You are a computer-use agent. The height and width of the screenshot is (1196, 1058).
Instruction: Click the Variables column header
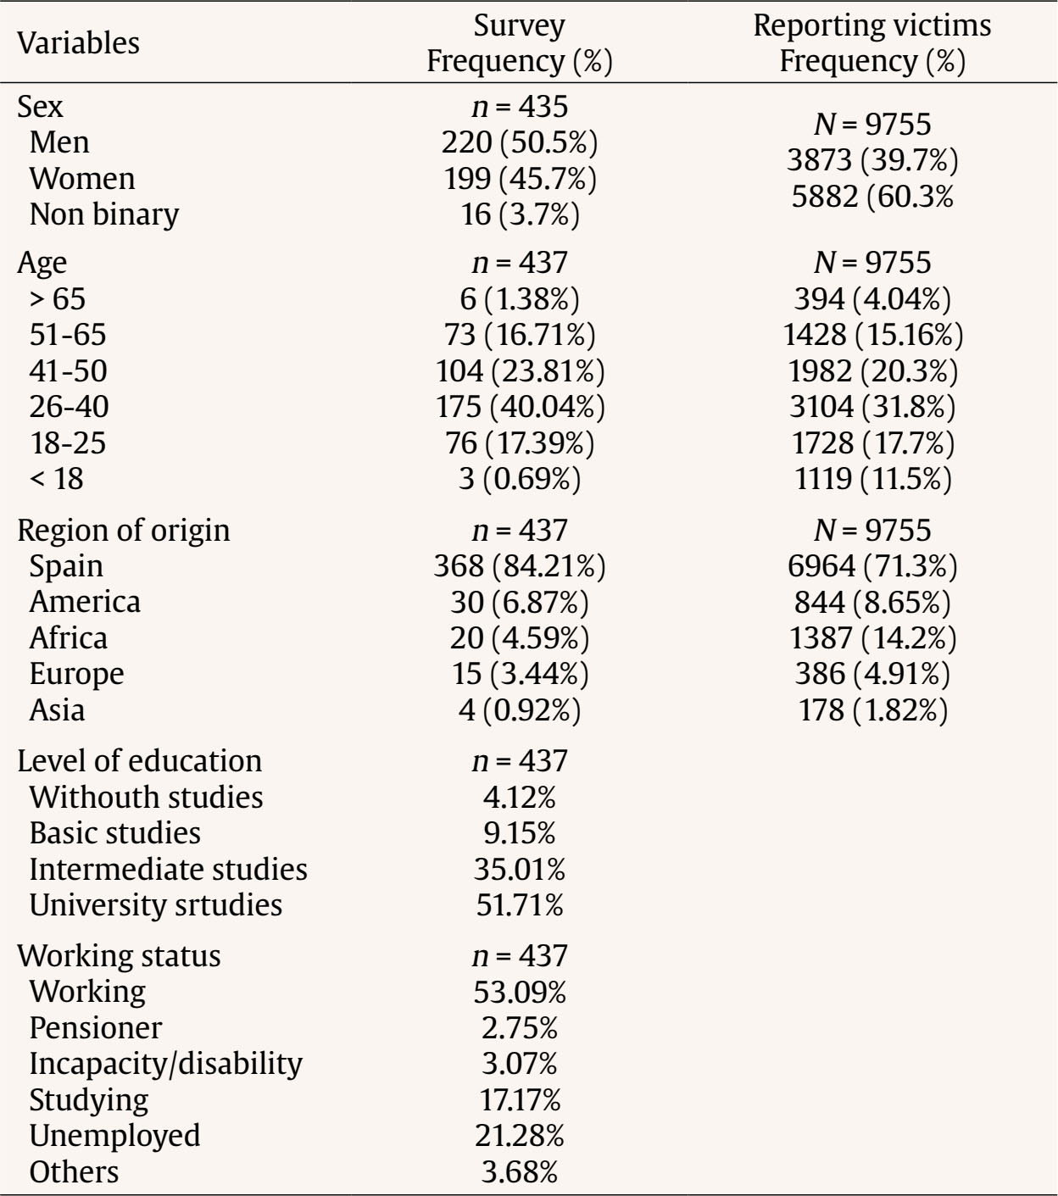pos(79,43)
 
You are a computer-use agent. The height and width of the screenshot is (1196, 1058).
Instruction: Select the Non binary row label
pos(103,214)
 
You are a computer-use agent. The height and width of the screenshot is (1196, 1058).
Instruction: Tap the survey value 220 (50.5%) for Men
pos(520,142)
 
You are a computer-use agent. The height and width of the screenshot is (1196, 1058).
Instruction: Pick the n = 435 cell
pos(520,106)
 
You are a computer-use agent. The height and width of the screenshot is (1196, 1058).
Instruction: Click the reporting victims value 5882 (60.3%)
pos(872,197)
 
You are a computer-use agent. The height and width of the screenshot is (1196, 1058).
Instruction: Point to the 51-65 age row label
pos(68,335)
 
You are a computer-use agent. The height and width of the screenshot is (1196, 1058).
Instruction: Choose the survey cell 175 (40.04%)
pos(520,407)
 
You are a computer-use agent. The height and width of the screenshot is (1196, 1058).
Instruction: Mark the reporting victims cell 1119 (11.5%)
pos(872,480)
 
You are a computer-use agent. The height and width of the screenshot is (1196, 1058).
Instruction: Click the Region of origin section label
pos(124,530)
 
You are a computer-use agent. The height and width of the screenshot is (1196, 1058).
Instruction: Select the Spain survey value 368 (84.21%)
pos(520,566)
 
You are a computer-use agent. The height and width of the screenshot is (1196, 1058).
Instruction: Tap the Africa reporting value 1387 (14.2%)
pos(872,638)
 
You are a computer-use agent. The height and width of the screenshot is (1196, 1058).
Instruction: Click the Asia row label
pos(57,709)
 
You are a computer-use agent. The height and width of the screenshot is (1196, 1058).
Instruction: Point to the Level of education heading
pos(140,760)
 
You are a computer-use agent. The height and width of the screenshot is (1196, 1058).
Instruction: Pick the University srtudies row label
pos(155,904)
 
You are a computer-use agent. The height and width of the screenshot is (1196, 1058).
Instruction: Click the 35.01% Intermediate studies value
pos(520,869)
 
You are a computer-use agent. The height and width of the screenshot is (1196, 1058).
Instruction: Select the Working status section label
pos(119,955)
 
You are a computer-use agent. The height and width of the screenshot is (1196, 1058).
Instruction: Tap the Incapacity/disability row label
pos(165,1063)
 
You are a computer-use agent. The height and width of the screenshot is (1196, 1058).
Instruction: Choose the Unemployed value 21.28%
pos(520,1136)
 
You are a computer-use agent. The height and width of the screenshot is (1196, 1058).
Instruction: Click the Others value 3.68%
pos(520,1172)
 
